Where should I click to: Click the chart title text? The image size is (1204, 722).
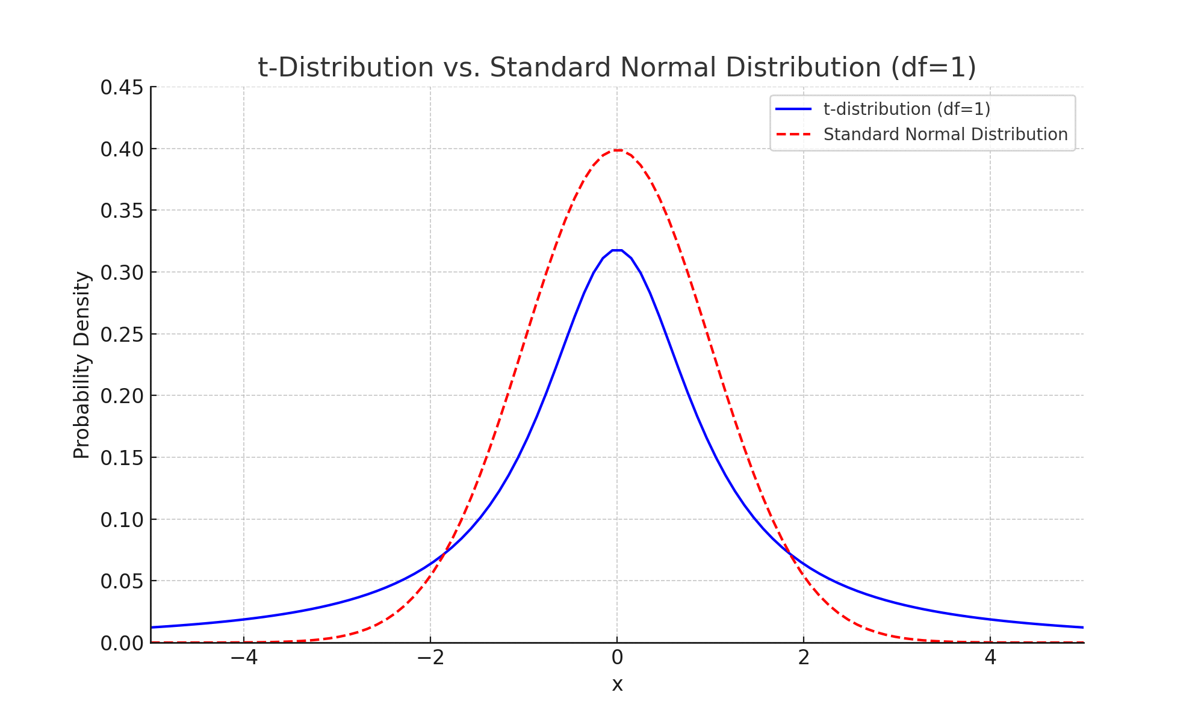coord(616,67)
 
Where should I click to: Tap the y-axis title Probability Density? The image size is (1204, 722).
coord(82,365)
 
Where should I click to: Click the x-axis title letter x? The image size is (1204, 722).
coord(617,685)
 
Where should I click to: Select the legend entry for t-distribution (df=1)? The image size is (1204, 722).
coord(907,109)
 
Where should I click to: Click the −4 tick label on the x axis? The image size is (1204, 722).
coord(244,658)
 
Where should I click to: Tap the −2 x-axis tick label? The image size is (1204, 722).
coord(430,658)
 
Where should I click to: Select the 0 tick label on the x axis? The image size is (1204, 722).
coord(617,658)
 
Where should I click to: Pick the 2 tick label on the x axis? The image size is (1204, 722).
coord(804,658)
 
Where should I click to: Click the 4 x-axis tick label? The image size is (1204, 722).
coord(990,658)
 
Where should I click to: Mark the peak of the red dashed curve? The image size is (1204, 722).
coord(617,150)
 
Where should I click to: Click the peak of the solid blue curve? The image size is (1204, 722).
coord(617,250)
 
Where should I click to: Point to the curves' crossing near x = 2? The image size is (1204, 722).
coord(790,554)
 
